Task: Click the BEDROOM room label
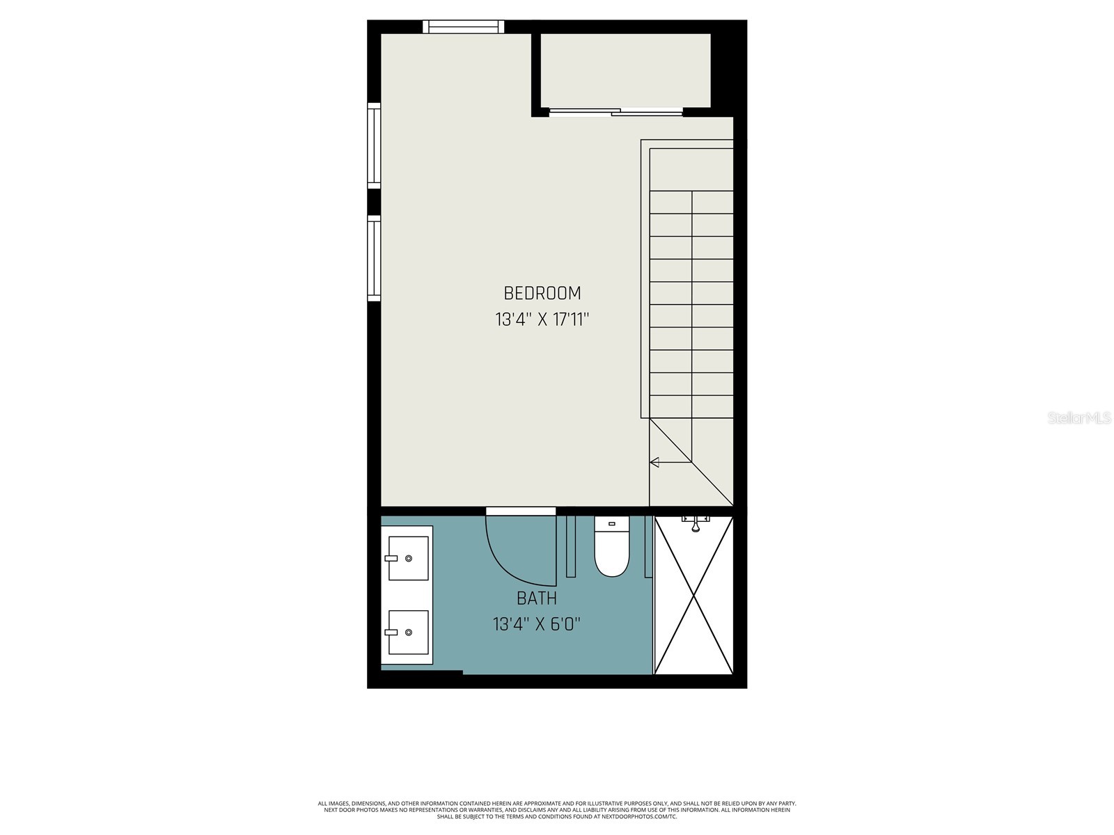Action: (x=542, y=293)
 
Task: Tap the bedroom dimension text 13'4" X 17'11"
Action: (x=542, y=319)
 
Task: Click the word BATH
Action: (x=536, y=598)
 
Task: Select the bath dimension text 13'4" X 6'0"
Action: (x=536, y=623)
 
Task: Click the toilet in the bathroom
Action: (x=611, y=546)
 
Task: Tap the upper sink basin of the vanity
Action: (x=409, y=558)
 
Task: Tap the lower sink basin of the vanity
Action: (x=409, y=633)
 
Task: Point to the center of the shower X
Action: (x=693, y=596)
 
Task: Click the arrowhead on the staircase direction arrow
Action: (x=654, y=462)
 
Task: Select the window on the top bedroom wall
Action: (x=464, y=26)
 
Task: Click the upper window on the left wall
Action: (x=374, y=145)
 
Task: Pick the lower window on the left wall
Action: (x=374, y=258)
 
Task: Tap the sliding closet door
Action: (x=616, y=112)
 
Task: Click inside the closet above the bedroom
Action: (x=625, y=70)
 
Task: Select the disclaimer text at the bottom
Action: (x=557, y=810)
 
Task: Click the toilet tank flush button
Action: (x=611, y=524)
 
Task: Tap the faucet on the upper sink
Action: (x=391, y=558)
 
